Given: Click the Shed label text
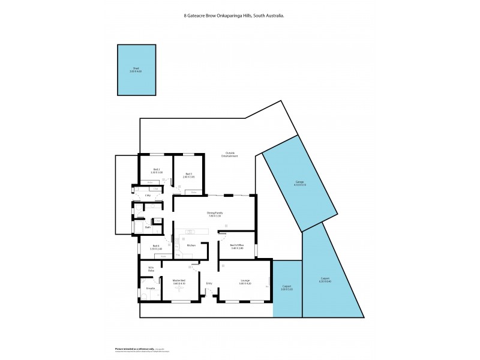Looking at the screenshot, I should pyautogui.click(x=136, y=70).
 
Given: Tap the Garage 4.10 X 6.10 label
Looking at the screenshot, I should pyautogui.click(x=299, y=184).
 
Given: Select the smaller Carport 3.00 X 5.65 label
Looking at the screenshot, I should pyautogui.click(x=287, y=288).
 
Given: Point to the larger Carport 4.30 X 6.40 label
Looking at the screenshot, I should pyautogui.click(x=326, y=280).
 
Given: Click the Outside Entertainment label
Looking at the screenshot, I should pyautogui.click(x=229, y=154).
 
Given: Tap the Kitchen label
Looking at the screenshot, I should pyautogui.click(x=191, y=245).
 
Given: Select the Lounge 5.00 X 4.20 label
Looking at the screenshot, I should pyautogui.click(x=244, y=281).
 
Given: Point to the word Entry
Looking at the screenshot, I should pyautogui.click(x=209, y=283).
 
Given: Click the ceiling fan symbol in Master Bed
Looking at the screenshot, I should pyautogui.click(x=178, y=287).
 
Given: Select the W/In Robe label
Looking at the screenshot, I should pyautogui.click(x=151, y=269).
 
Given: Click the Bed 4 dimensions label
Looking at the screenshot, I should pyautogui.click(x=155, y=249).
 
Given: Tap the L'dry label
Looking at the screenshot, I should pyautogui.click(x=148, y=196).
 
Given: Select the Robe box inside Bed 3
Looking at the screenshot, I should pyautogui.click(x=194, y=192).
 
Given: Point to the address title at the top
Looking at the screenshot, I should pyautogui.click(x=234, y=16).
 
